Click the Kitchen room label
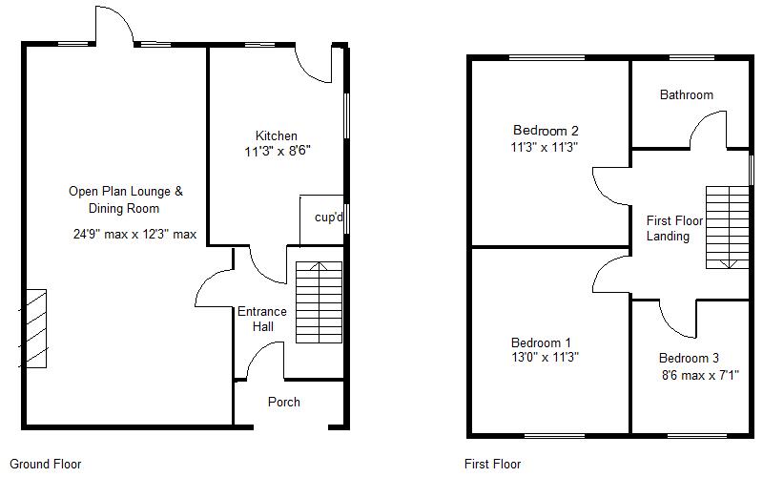click(x=276, y=135)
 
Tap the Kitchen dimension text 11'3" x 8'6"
click(x=278, y=151)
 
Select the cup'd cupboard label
click(x=328, y=217)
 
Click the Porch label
click(x=283, y=402)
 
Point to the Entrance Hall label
click(x=261, y=319)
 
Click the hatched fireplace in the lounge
click(x=34, y=328)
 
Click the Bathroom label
click(x=686, y=94)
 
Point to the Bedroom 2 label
click(x=546, y=131)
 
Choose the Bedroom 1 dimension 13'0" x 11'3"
click(x=545, y=358)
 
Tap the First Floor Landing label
click(x=673, y=228)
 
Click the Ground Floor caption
click(x=45, y=465)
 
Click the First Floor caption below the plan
click(x=492, y=465)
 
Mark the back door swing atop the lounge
click(x=113, y=25)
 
